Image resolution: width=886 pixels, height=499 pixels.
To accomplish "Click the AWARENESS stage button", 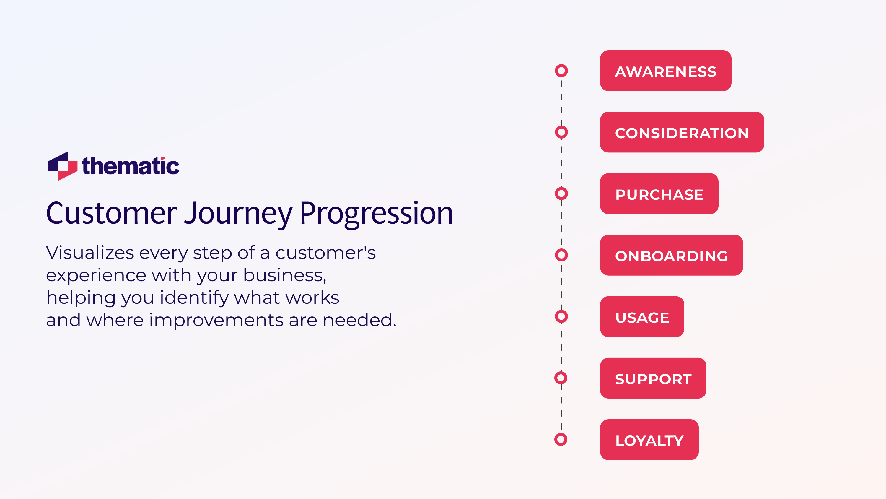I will coord(665,71).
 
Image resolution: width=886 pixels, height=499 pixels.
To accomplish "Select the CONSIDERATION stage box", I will coord(682,132).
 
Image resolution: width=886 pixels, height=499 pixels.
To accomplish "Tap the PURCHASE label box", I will coord(659,194).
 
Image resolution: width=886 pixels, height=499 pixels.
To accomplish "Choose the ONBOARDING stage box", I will coord(671,255).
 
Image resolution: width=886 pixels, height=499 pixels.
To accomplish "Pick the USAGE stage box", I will coord(642,317).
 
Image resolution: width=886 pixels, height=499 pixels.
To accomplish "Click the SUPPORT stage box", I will coord(653,378).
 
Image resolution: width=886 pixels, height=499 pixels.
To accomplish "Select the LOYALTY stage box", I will coord(649,440).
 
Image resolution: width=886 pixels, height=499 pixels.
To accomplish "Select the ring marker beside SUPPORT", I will coord(561,378).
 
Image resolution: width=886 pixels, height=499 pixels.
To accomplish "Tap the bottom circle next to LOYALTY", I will coord(561,439).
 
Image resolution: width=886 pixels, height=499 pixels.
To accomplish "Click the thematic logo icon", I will coord(63,166).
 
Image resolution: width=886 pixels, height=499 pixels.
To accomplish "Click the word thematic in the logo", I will coord(131,166).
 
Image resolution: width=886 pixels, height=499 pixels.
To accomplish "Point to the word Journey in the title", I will coord(238,214).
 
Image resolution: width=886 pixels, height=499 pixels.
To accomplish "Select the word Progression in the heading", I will coord(376,214).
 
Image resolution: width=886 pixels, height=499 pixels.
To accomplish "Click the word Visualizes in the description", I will coord(90,253).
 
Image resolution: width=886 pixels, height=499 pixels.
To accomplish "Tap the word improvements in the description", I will coord(216,320).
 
